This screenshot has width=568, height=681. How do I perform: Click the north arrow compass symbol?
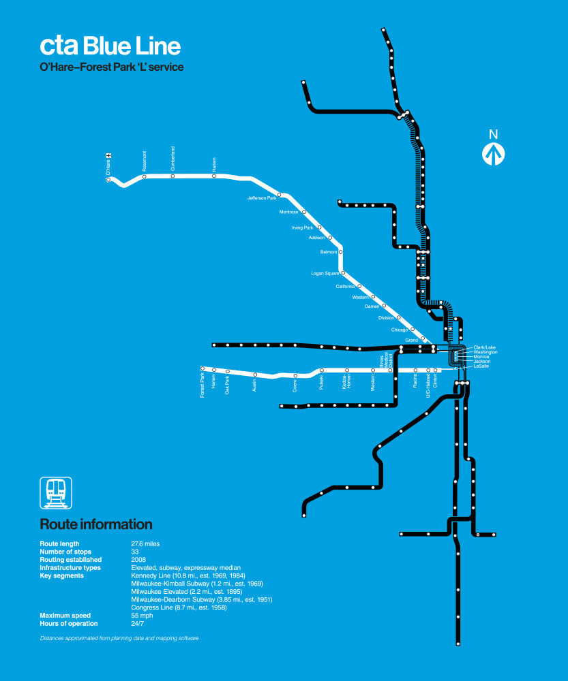493,154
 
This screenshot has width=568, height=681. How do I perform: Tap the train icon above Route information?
56,492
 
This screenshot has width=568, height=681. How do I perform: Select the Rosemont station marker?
144,176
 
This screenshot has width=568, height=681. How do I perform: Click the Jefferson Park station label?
262,198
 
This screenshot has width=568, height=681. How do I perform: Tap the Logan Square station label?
325,274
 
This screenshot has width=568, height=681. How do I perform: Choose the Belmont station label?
329,252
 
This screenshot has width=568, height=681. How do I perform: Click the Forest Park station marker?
202,368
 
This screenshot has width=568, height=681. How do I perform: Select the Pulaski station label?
322,382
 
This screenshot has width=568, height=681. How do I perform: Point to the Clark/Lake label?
484,347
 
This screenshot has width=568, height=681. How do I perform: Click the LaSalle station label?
481,366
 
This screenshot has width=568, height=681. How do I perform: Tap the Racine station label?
415,381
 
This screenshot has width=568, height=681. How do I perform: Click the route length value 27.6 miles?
145,544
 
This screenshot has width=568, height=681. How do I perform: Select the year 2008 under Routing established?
138,560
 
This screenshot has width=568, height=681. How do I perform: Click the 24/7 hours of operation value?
137,624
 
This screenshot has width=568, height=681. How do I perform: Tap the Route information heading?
96,525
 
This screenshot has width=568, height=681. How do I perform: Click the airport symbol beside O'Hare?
108,156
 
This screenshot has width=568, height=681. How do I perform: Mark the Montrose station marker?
304,212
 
